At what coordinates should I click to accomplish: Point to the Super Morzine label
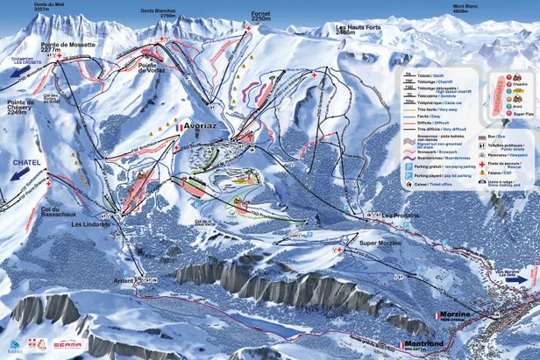point(380,242)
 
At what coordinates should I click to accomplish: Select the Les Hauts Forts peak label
point(359,29)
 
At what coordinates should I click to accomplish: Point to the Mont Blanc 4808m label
point(471,11)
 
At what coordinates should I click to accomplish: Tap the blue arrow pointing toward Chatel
point(18,174)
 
